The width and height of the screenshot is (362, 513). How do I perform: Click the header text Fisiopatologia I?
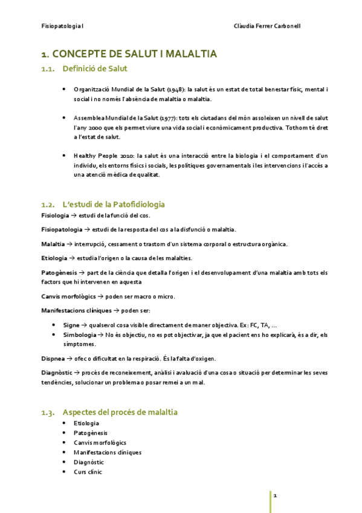62,27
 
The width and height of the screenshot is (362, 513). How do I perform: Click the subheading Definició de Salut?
94,70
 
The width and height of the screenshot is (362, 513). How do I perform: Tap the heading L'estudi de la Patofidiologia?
114,204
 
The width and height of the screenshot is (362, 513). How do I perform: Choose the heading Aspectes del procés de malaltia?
120,412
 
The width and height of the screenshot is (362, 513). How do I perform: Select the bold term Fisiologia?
54,216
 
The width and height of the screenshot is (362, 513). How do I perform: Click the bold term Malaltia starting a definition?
53,244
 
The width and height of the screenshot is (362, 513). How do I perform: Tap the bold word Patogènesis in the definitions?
59,273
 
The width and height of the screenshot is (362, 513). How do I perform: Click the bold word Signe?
71,325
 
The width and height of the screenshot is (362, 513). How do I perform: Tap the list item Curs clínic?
88,471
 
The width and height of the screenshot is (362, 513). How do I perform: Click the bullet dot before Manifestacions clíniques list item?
64,452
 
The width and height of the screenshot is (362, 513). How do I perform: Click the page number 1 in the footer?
275,496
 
